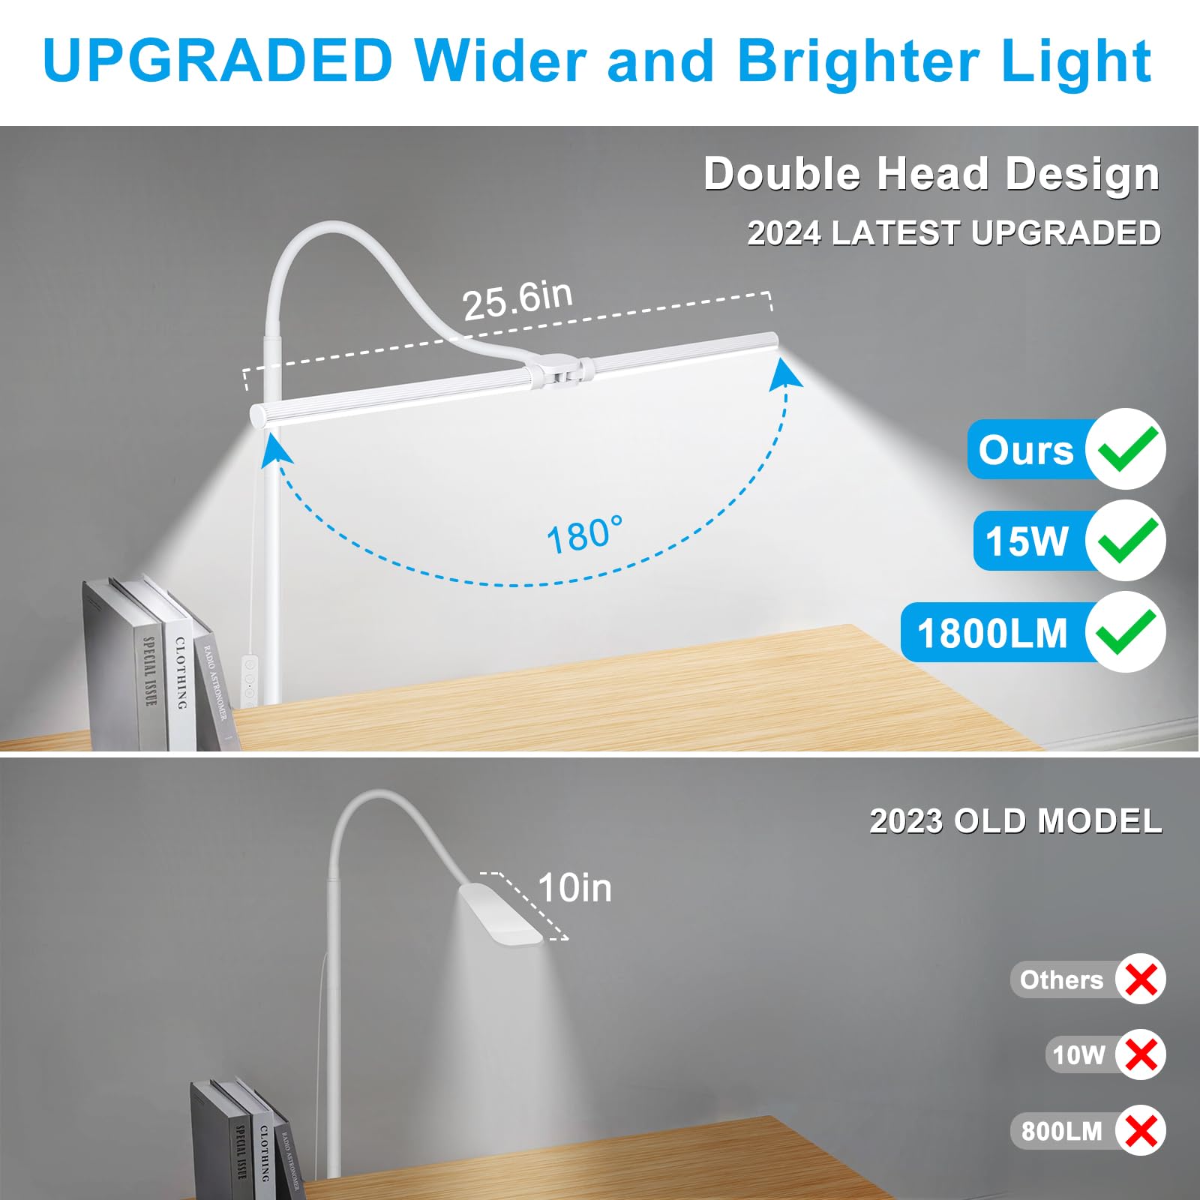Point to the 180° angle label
[x=584, y=535]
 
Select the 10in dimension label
[x=574, y=887]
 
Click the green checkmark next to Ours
[x=1126, y=448]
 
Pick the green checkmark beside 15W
[x=1126, y=540]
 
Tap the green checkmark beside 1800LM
[x=1126, y=632]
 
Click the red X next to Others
[x=1141, y=979]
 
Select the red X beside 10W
[x=1141, y=1054]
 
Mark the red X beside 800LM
[x=1141, y=1130]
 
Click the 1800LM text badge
[x=992, y=633]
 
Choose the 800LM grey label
[x=1061, y=1130]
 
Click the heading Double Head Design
[x=931, y=174]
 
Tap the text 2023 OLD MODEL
[x=1015, y=821]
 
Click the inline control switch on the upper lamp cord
[x=249, y=681]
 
